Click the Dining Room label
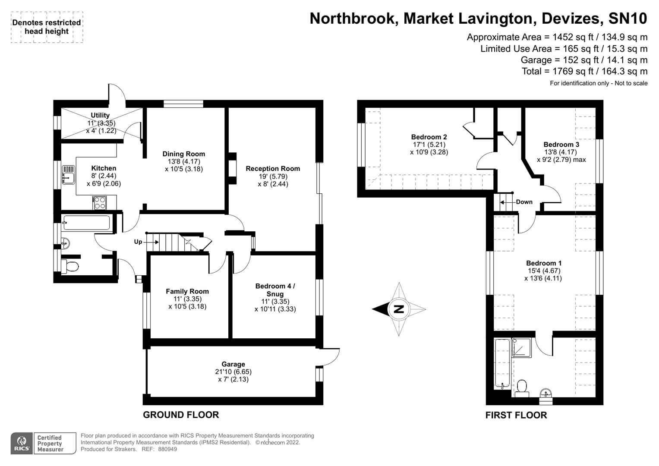coord(183,154)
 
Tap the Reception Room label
coord(273,169)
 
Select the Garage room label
coord(233,364)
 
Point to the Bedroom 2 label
coord(429,137)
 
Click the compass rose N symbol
coord(399,309)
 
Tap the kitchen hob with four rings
coord(99,202)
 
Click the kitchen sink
coord(68,174)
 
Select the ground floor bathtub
coord(86,223)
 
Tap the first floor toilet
coord(522,386)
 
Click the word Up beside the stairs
coord(138,242)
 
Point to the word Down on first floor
coord(524,202)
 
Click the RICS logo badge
coord(21,444)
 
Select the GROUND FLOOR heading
coord(181,415)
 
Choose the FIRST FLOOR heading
coord(516,415)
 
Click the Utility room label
coord(100,115)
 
